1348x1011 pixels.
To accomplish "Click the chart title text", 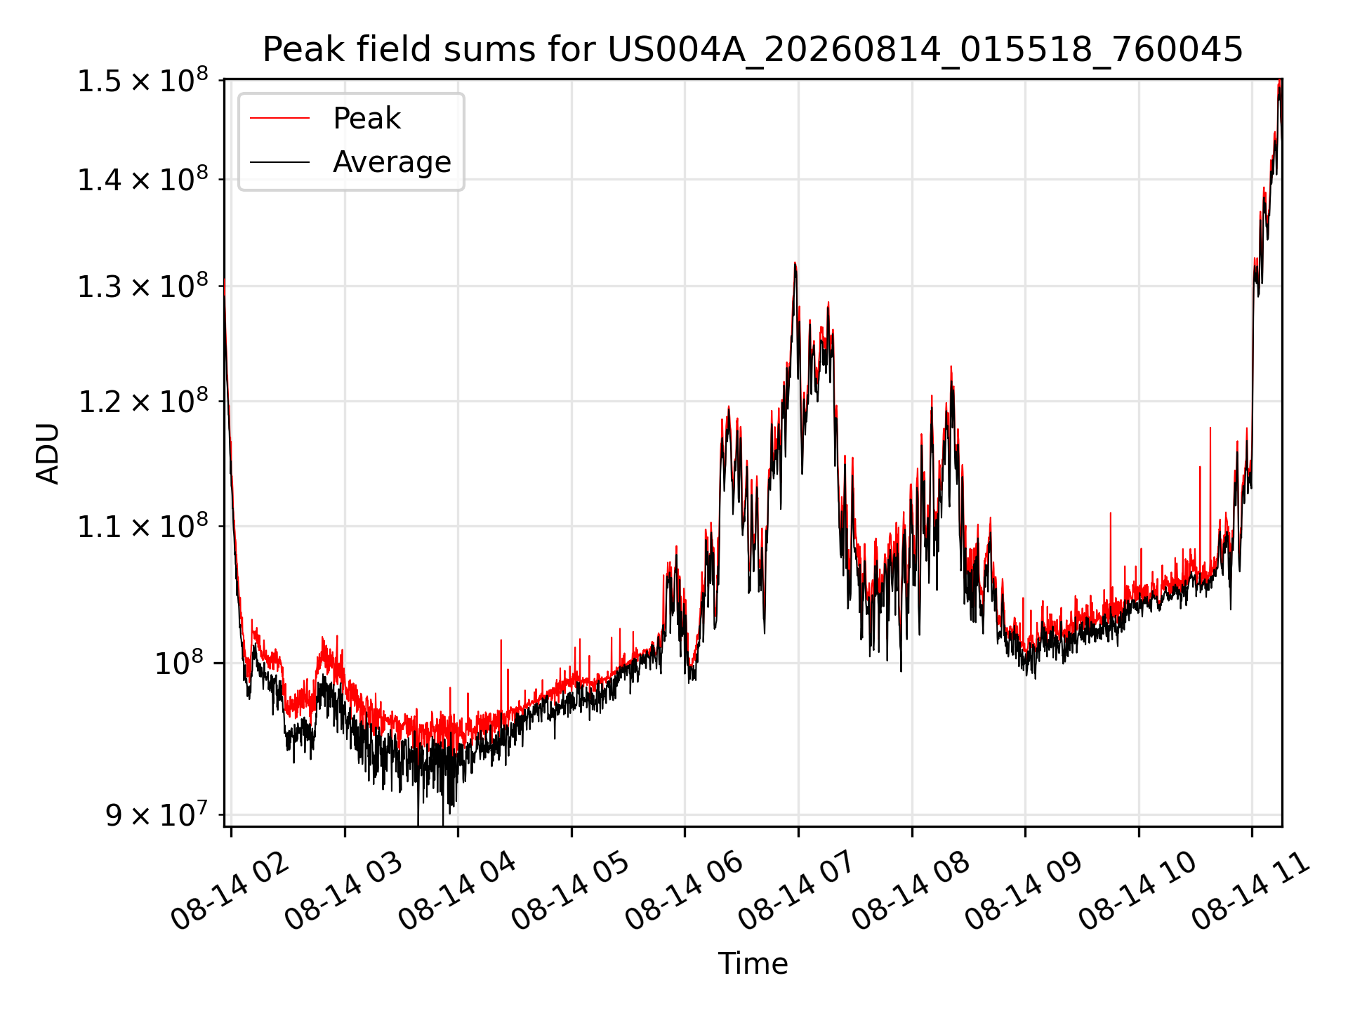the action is [x=753, y=50].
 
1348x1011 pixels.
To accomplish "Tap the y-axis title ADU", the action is [x=48, y=454].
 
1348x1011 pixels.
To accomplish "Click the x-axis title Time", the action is [x=753, y=963].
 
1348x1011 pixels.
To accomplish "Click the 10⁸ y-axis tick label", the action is [x=179, y=663].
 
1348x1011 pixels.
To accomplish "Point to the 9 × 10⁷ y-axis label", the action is [x=157, y=815].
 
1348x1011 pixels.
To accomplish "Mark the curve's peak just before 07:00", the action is [x=795, y=263].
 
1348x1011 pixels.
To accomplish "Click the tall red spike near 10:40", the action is [x=1210, y=427].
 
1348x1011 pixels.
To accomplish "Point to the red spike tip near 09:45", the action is [x=1110, y=513].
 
